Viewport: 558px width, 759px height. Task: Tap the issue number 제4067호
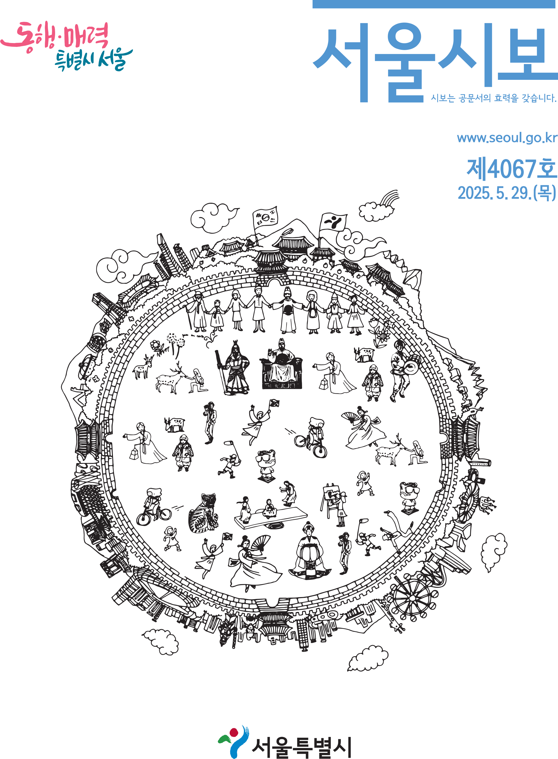512,169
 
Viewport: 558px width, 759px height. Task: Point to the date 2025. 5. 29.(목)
507,193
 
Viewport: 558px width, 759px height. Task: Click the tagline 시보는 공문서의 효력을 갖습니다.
493,98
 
